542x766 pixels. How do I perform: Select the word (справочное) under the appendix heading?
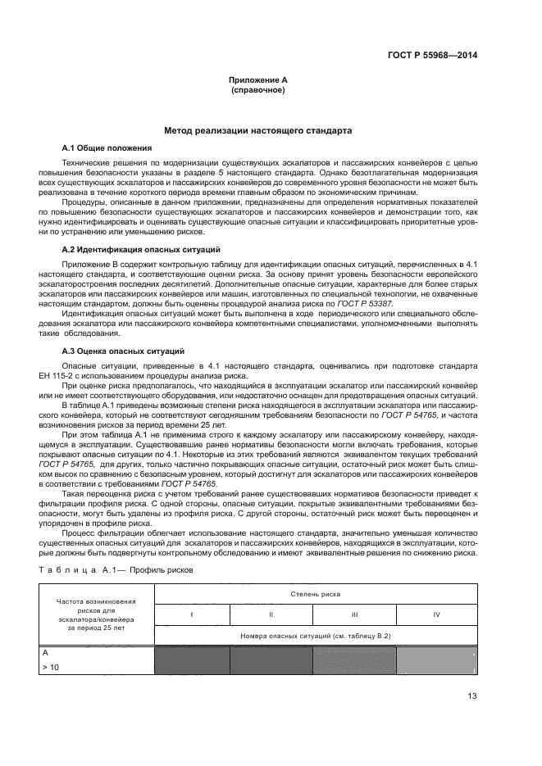258,90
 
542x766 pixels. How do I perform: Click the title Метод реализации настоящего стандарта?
258,130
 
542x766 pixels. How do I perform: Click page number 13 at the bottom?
473,698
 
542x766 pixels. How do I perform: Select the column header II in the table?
271,614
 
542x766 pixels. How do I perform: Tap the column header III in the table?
354,614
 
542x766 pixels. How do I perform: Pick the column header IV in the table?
436,614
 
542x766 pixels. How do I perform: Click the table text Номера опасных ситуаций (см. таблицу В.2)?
315,636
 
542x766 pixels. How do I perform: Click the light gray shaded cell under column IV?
436,661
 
